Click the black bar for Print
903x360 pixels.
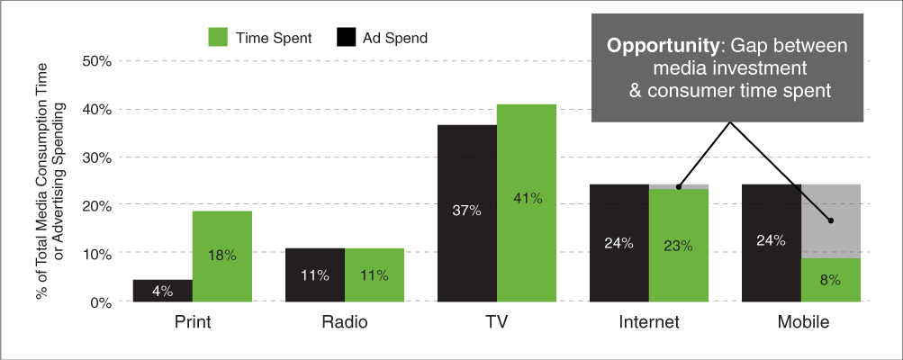[x=163, y=291]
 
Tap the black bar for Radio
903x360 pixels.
[x=315, y=274]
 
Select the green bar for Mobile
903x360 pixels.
[x=831, y=280]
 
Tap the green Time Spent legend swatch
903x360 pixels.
[x=221, y=38]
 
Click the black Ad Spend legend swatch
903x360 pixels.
[x=348, y=38]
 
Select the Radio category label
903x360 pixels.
[x=344, y=320]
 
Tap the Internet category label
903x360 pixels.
[x=648, y=320]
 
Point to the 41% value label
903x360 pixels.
[x=526, y=198]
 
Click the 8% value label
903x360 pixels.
[x=830, y=280]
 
